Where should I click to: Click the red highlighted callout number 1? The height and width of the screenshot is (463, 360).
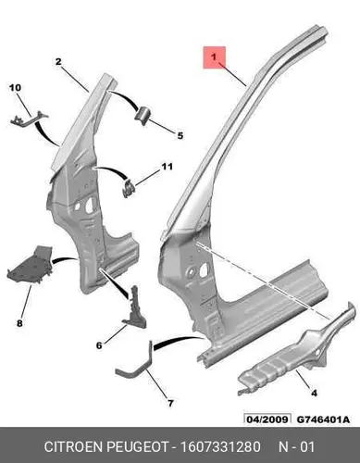click(214, 57)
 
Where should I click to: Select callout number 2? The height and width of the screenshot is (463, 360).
click(58, 62)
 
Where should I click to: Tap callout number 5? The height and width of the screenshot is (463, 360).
click(180, 135)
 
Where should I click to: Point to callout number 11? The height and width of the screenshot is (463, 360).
click(167, 167)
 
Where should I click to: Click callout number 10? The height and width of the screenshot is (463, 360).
click(15, 88)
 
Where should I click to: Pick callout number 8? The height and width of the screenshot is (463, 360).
click(19, 323)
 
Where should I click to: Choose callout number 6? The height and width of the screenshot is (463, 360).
click(99, 345)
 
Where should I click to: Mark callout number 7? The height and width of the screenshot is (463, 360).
click(170, 403)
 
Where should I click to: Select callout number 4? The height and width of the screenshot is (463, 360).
click(314, 393)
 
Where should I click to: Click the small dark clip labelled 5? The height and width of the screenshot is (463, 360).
click(143, 116)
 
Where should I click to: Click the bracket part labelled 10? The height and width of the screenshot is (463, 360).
click(29, 119)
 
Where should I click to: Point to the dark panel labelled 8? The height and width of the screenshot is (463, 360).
click(30, 266)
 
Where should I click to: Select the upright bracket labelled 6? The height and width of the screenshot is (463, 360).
click(135, 308)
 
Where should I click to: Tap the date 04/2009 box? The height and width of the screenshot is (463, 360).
click(267, 419)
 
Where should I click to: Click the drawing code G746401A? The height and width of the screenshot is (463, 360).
click(323, 419)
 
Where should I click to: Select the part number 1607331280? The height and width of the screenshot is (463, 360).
click(220, 447)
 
